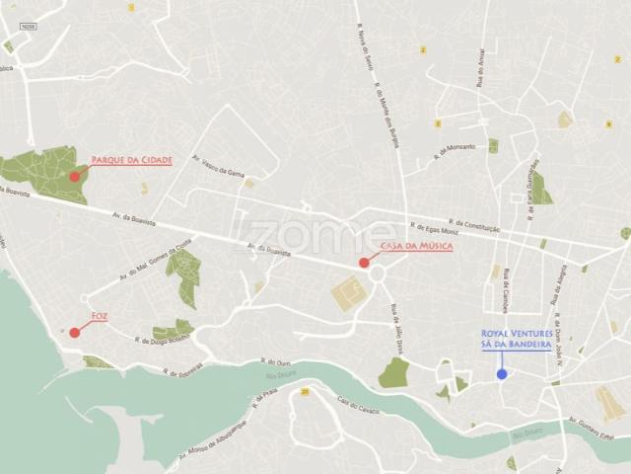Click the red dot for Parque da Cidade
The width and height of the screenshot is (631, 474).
[x=75, y=176]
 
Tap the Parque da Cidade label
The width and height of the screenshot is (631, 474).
[x=131, y=159]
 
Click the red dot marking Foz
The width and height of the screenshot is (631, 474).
[x=75, y=332]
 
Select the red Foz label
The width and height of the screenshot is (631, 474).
[x=99, y=316]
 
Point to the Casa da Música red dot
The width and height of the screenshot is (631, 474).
[x=364, y=263]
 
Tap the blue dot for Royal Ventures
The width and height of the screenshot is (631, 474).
[x=502, y=374]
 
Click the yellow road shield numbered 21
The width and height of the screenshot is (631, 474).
[x=307, y=391]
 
